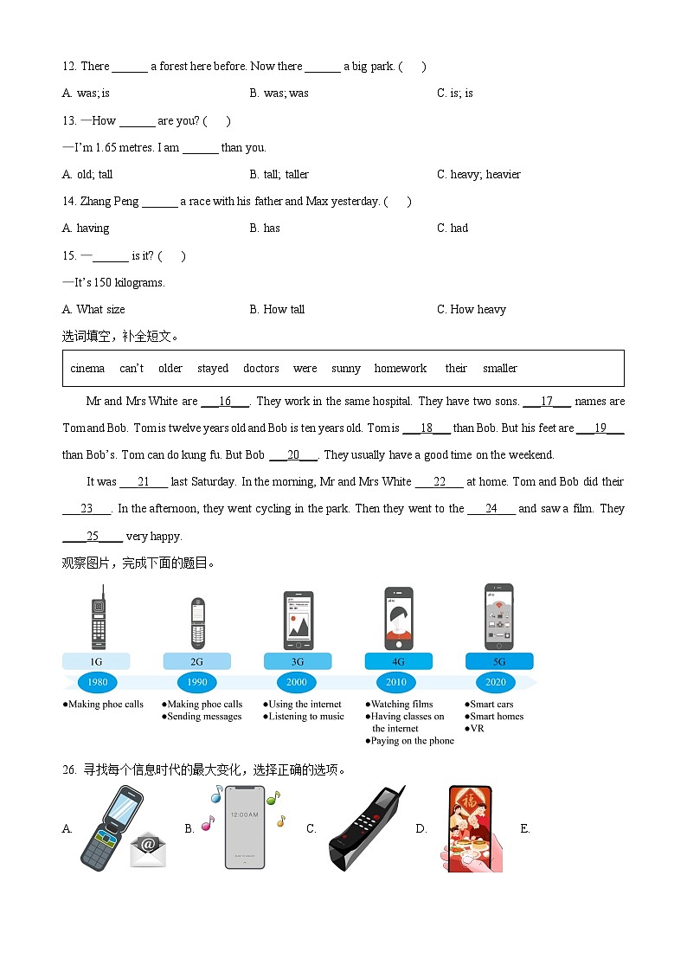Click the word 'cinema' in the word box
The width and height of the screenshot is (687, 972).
click(87, 368)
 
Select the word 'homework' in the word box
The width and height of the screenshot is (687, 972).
click(400, 368)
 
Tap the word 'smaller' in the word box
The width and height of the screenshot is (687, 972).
click(500, 368)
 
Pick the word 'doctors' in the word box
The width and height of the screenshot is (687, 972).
click(260, 368)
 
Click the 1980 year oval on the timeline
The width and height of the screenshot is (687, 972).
click(97, 682)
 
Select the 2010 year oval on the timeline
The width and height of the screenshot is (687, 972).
click(396, 682)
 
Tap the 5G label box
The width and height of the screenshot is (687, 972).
click(499, 661)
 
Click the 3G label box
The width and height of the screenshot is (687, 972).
click(297, 661)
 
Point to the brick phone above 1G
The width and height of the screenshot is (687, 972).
click(99, 617)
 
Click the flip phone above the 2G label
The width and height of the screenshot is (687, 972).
click(198, 623)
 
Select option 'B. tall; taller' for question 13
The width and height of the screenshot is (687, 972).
click(279, 174)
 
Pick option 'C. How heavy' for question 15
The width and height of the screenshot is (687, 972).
click(472, 309)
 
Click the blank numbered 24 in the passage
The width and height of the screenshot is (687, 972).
click(491, 509)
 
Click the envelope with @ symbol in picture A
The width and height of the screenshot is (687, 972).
click(148, 850)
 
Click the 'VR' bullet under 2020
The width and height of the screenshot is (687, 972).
click(477, 729)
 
